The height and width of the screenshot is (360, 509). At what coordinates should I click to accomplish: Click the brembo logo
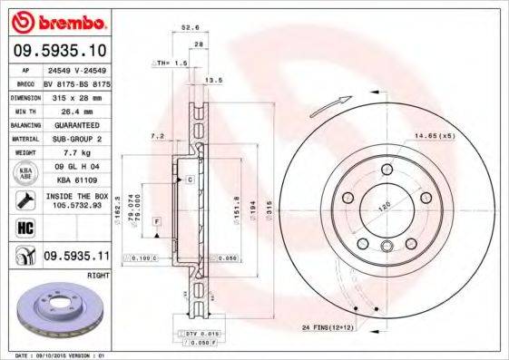[x=62, y=20]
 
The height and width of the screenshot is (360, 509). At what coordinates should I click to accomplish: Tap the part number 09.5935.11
[x=76, y=257]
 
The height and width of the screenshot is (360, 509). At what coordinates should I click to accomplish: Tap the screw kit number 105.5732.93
[x=76, y=206]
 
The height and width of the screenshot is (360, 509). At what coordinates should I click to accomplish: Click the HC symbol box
[x=24, y=229]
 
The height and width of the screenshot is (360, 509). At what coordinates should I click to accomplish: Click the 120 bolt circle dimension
[x=383, y=207]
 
